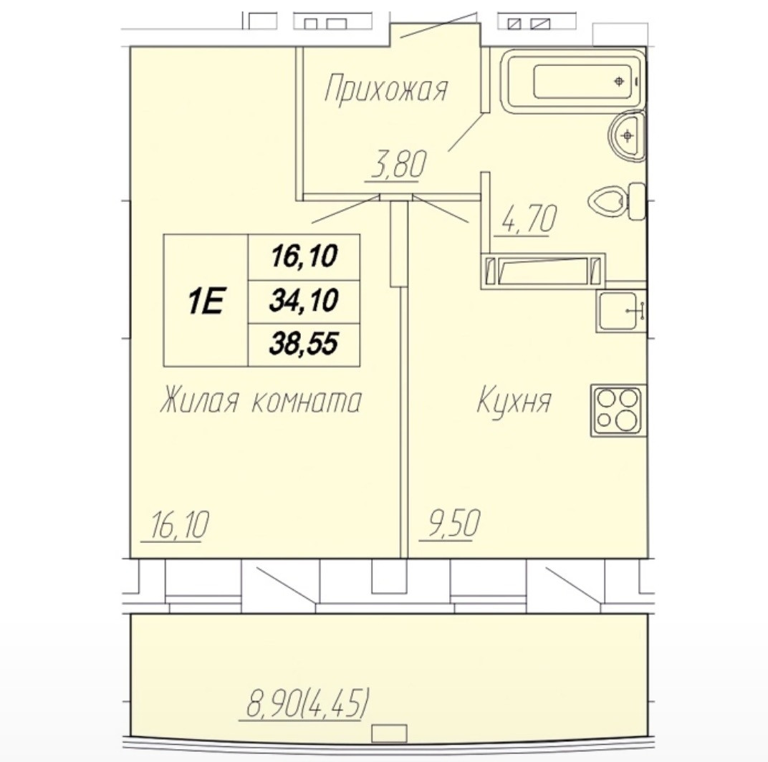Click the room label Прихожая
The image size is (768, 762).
click(x=386, y=89)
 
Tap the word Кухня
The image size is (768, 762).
click(x=514, y=400)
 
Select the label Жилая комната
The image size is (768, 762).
click(x=261, y=400)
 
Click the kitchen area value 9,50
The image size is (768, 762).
click(x=453, y=523)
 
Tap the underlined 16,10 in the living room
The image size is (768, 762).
click(x=180, y=524)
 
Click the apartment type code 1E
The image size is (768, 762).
click(x=206, y=301)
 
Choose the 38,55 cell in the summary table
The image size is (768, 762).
click(x=304, y=344)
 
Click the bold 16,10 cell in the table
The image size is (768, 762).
click(x=304, y=256)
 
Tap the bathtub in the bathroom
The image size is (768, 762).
click(x=572, y=82)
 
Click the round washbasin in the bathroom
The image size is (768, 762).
click(x=626, y=135)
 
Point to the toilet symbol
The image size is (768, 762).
click(x=616, y=202)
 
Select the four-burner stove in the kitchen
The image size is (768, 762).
click(x=618, y=410)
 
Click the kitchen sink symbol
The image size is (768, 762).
click(x=620, y=311)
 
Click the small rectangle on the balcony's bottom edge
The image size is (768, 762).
click(x=390, y=733)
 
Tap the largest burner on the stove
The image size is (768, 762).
click(x=626, y=420)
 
